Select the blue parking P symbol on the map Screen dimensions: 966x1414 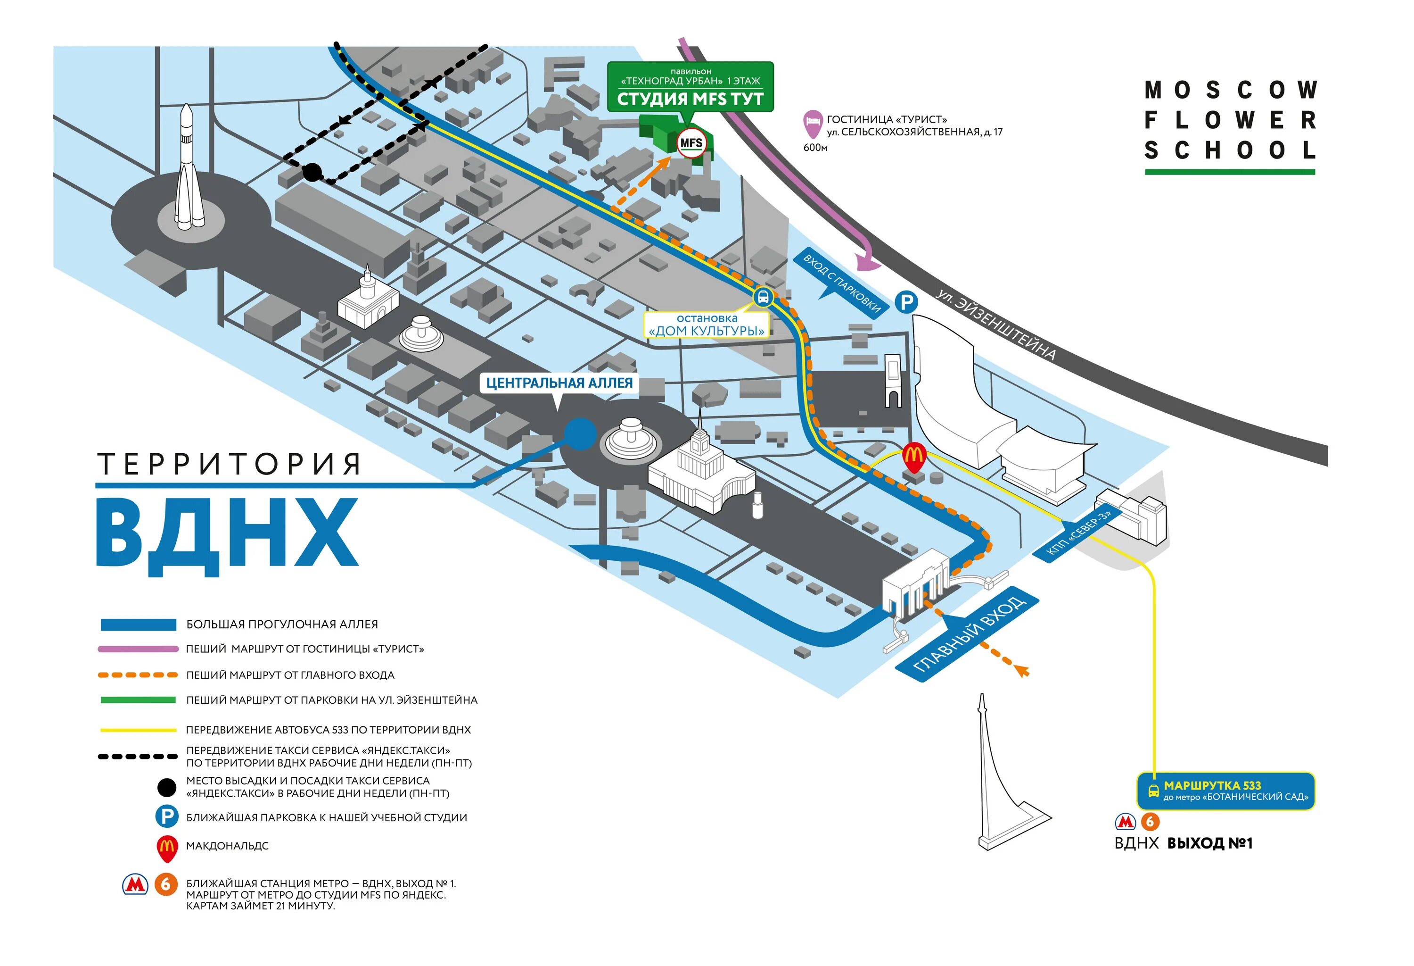pos(906,302)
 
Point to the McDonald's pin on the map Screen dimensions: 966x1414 pos(913,457)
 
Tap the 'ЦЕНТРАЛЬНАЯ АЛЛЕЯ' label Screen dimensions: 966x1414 pos(559,383)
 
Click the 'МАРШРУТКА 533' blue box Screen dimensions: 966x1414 pos(1225,791)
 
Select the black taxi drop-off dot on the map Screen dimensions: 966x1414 pos(312,172)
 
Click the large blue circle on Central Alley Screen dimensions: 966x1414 pos(580,433)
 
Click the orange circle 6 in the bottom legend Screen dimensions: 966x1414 pos(165,884)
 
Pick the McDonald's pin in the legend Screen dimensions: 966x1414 pos(167,848)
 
